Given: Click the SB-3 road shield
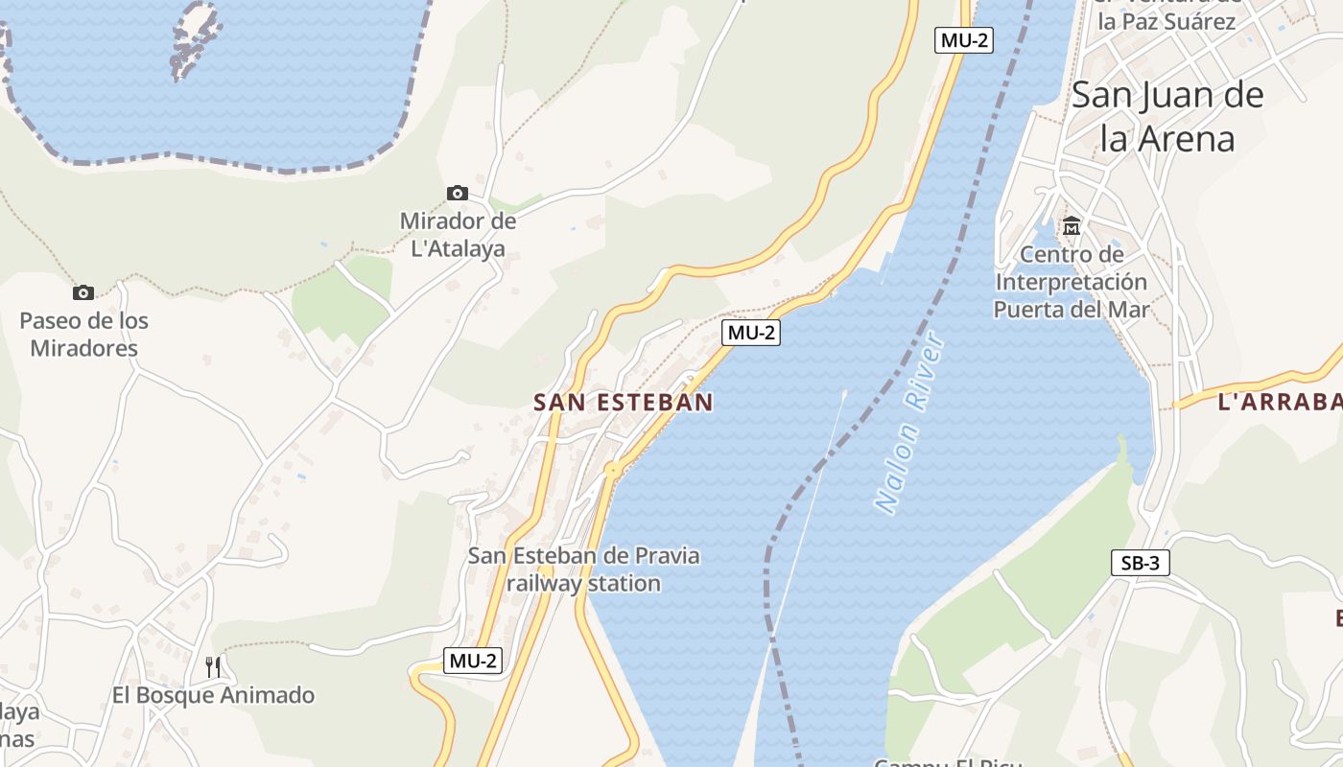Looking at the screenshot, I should point(1141,563).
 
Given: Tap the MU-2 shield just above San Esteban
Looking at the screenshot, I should point(751,333).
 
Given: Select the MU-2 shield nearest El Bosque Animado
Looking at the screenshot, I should point(473,660).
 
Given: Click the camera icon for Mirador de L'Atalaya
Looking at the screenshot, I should point(458,193).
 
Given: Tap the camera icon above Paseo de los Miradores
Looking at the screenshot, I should point(83,292).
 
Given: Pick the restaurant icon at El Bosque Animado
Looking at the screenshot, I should point(213,666).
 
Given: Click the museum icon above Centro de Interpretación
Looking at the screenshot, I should point(1072,226).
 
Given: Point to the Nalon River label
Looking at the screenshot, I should point(909,423).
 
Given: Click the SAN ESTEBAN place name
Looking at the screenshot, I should point(624,403).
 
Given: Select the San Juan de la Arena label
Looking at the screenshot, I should point(1166,117).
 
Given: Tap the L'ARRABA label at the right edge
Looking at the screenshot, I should point(1280,403).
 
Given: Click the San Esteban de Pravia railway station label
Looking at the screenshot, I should point(583,569).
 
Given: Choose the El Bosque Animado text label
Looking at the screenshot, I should point(213,695).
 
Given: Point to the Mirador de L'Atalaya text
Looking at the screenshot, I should point(458,235).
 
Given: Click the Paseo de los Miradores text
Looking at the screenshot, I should point(84,334).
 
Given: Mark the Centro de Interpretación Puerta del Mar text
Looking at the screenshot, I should point(1071,282).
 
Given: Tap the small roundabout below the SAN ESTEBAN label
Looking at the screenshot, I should point(612,469).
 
